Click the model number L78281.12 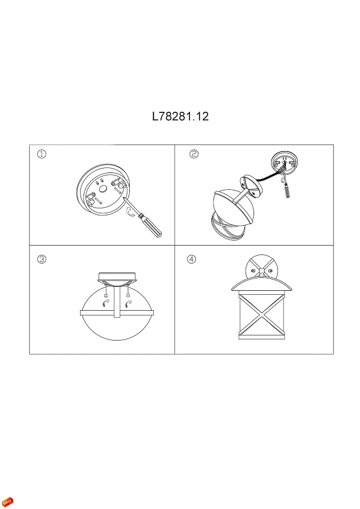(180, 116)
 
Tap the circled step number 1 (42, 154)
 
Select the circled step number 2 (194, 154)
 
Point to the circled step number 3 (42, 259)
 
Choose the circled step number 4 (191, 259)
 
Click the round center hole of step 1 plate (103, 189)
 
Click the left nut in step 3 (106, 295)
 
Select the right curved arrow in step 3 (128, 304)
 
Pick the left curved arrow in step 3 (106, 304)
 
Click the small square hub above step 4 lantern (262, 271)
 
